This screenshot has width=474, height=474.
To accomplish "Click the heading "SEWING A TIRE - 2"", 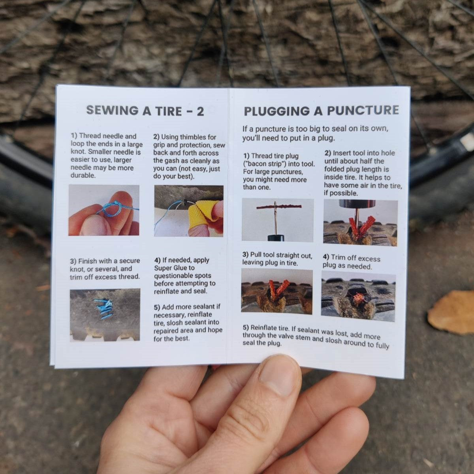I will pos(145,111).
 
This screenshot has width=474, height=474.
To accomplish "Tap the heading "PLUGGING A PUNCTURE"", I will pos(321,111).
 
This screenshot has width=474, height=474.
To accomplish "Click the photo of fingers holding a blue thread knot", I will pos(104,210).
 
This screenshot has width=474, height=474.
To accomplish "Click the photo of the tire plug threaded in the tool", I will pos(277,220).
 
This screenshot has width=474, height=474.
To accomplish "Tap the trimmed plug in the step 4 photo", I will pos(358,299).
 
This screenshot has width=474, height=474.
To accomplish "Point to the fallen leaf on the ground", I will pos(452,312).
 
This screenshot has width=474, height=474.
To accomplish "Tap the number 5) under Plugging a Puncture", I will pos(246,327).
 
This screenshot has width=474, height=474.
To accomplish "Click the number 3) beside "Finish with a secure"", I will pos(73,261).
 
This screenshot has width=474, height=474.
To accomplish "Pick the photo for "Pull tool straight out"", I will pos(276,291).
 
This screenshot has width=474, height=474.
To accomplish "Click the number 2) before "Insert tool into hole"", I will pos(328,153).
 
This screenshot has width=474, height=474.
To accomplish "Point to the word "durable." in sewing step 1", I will pos(83,175).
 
